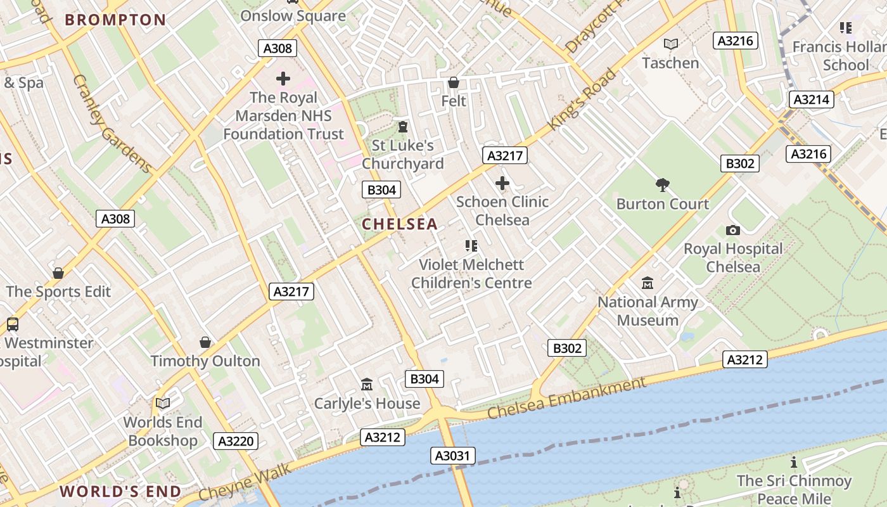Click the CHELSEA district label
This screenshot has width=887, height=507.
[x=400, y=224]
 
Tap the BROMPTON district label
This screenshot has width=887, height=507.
[x=115, y=20]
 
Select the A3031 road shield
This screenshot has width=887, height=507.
[x=454, y=455]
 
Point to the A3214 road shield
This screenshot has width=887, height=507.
[x=811, y=99]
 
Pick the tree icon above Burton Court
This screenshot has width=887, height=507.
[x=663, y=185]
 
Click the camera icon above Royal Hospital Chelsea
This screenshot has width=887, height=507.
[x=733, y=230]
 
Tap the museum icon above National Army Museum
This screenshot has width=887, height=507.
[x=648, y=283]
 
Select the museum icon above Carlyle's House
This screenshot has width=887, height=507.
[x=367, y=384]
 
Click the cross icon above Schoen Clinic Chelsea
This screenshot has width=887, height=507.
[x=502, y=184]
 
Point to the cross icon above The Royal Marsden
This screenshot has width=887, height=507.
[x=283, y=79]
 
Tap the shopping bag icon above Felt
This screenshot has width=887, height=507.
[x=454, y=82]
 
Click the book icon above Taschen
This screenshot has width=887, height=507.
[x=670, y=44]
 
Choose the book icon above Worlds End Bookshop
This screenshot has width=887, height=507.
[x=163, y=403]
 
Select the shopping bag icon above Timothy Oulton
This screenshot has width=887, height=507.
[x=205, y=342]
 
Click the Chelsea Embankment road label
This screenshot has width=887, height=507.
[x=566, y=399]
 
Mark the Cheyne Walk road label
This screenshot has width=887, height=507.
[x=245, y=482]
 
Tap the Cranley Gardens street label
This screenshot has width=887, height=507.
[x=112, y=124]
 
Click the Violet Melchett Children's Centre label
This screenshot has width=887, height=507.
[x=471, y=274]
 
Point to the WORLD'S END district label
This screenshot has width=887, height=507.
[x=120, y=491]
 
